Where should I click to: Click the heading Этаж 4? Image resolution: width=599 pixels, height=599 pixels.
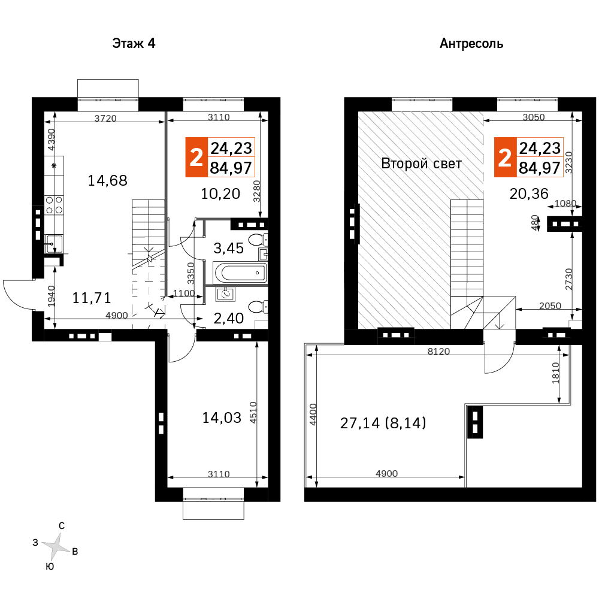(134, 44)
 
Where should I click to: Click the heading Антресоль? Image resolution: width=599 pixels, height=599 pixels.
(471, 44)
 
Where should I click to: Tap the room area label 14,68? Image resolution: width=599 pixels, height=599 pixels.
(107, 180)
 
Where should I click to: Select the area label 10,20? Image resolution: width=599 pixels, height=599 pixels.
(220, 193)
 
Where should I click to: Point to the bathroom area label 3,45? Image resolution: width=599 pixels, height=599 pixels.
(228, 249)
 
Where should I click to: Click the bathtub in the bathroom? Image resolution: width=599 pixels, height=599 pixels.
(240, 273)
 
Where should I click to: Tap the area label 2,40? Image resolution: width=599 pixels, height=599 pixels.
(228, 318)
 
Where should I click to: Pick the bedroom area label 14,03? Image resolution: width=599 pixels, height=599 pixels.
(222, 418)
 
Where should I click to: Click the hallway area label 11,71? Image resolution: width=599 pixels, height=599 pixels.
(92, 298)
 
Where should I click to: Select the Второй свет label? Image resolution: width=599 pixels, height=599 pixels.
(421, 164)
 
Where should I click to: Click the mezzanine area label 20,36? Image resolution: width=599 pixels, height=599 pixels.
(529, 193)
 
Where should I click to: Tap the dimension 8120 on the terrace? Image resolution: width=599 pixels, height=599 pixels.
(438, 351)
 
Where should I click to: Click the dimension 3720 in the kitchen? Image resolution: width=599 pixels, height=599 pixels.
(105, 118)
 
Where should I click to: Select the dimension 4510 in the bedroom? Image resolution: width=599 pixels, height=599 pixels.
(253, 413)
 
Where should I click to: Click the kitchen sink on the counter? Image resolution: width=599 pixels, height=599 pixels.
(54, 243)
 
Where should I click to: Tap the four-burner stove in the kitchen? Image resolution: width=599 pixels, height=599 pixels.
(54, 205)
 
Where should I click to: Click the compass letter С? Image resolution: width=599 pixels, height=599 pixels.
(62, 526)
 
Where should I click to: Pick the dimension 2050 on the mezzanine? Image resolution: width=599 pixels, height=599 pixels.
(550, 305)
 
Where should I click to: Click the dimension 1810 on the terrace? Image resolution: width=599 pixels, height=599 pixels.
(555, 373)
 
